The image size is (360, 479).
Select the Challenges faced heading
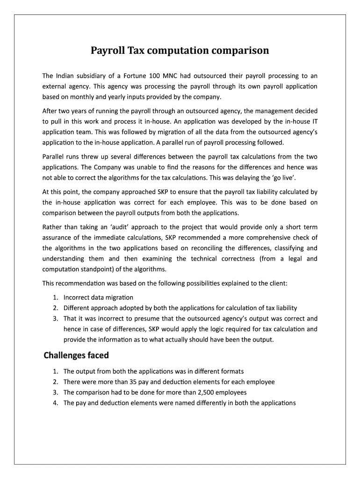(x=76, y=355)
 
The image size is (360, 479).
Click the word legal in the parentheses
(x=291, y=258)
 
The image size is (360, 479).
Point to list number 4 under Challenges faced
(x=55, y=403)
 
